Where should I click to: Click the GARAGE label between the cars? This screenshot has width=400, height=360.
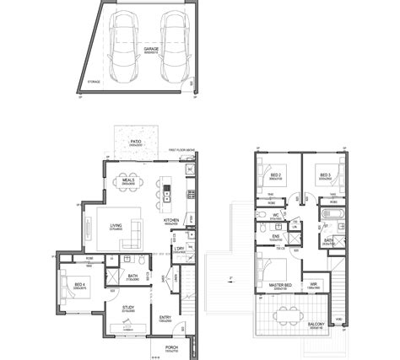[151, 49]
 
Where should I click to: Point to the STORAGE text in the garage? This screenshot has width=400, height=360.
[93, 82]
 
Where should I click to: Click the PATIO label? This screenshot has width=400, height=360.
[135, 141]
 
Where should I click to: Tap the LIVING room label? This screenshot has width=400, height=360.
[116, 224]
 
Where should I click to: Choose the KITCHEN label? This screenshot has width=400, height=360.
[170, 222]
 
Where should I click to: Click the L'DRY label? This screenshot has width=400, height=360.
[179, 250]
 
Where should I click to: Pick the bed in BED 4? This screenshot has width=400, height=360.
[71, 290]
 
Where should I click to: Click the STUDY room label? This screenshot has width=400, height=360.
[129, 308]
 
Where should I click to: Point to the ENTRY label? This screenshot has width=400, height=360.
[165, 318]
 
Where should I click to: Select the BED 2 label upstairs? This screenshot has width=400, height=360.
[275, 176]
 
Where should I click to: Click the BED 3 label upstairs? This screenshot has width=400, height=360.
[323, 176]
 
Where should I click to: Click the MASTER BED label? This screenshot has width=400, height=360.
[280, 285]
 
